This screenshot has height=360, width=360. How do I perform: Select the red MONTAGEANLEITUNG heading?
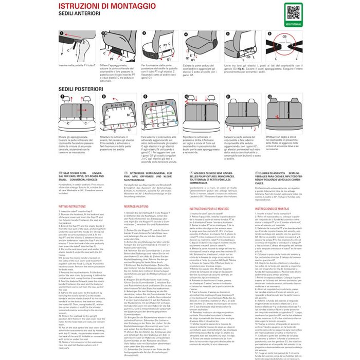pyautogui.click(x=137, y=205)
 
